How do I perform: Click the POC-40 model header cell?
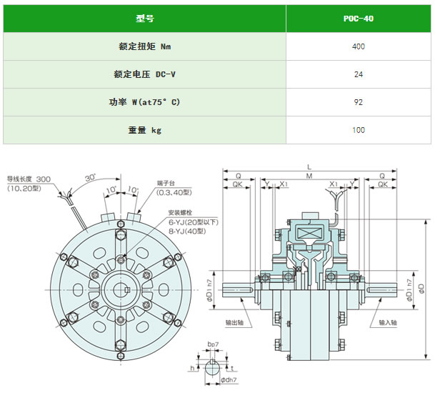[x=359, y=19]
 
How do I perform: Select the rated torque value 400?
[x=359, y=46]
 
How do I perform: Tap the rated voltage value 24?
[x=359, y=74]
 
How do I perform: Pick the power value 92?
[x=359, y=102]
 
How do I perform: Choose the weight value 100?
[x=359, y=130]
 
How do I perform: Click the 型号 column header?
[x=145, y=19]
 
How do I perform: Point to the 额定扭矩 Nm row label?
[x=145, y=46]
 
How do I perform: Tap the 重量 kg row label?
[x=145, y=130]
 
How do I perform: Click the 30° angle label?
[x=91, y=178]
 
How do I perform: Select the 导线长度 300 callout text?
[x=29, y=179]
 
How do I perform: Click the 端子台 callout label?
[x=166, y=183]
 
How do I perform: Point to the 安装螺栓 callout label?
[x=180, y=213]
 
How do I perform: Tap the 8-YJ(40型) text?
[x=187, y=231]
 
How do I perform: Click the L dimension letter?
[x=309, y=167]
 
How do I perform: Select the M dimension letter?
[x=309, y=176]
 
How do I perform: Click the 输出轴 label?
[x=234, y=322]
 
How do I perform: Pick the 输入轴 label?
[x=388, y=322]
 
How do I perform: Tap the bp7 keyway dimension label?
[x=213, y=344]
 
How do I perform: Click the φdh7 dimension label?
[x=229, y=379]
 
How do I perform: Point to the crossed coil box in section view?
[x=309, y=232]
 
